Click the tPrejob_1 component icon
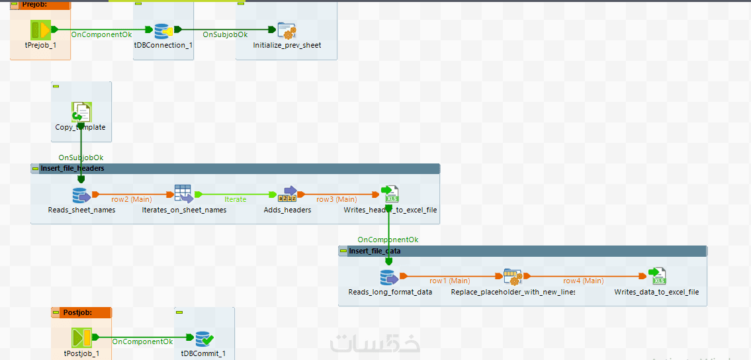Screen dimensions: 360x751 (x=40, y=30)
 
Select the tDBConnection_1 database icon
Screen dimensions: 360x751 (x=162, y=30)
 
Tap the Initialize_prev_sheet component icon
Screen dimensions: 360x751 (x=287, y=30)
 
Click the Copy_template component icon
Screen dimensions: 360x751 (x=81, y=111)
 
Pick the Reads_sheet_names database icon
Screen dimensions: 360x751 (x=81, y=195)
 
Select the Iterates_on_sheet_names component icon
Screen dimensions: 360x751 (x=183, y=195)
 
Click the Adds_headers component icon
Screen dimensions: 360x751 (x=287, y=195)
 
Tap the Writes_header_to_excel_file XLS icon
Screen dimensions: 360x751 (x=390, y=195)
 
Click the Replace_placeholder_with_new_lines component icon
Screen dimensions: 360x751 (x=512, y=277)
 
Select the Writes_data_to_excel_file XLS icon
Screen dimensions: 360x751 (x=656, y=277)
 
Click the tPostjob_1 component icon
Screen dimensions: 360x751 (x=82, y=339)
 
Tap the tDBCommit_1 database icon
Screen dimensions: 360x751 (x=203, y=339)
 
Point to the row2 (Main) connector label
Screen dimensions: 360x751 (x=132, y=199)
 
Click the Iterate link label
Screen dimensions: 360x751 (x=236, y=199)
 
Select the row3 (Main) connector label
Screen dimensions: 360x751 (x=336, y=199)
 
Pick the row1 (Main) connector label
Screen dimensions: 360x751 (x=450, y=281)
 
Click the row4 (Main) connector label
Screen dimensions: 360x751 (x=583, y=281)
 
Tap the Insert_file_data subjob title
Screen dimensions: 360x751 (x=375, y=251)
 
